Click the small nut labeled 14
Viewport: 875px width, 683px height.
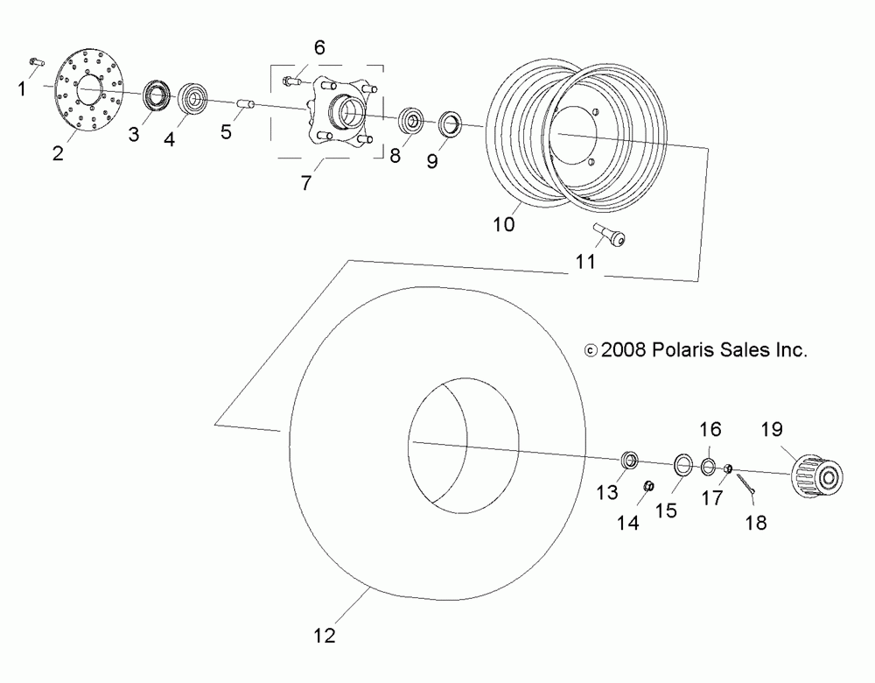tap(648, 487)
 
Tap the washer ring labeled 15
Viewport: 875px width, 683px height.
tap(683, 463)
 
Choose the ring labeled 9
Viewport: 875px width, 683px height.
tap(449, 122)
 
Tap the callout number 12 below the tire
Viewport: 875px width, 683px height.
tap(325, 634)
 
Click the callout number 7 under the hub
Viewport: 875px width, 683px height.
tap(307, 183)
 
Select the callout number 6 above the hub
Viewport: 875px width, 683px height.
tap(319, 47)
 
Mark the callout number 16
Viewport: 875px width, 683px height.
tap(710, 429)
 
